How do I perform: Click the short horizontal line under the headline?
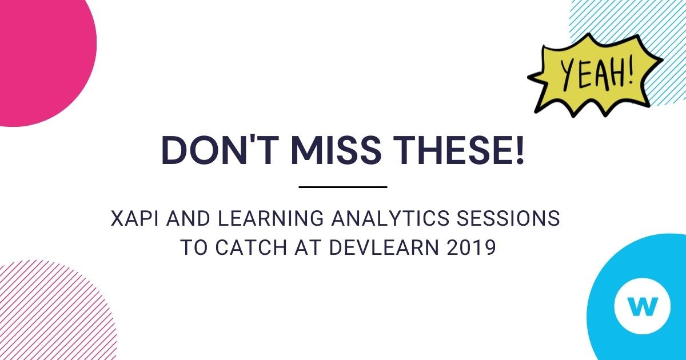point(343,187)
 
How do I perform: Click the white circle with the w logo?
point(642,307)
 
